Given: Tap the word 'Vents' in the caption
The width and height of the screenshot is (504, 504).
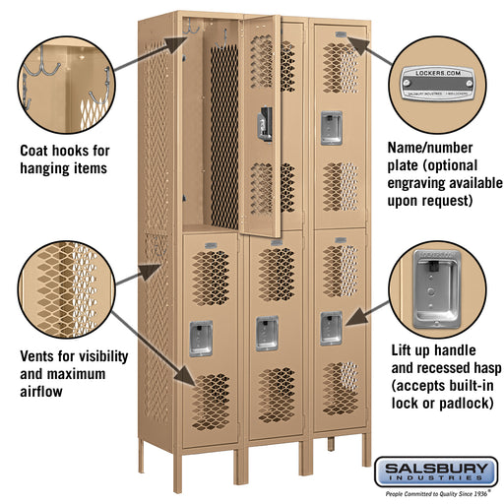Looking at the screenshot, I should click(41, 356).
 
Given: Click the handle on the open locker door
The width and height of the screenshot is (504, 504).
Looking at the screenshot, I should click(263, 124).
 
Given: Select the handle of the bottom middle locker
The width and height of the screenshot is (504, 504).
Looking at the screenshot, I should click(267, 333).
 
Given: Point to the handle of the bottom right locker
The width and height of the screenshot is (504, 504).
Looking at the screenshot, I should click(331, 326).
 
